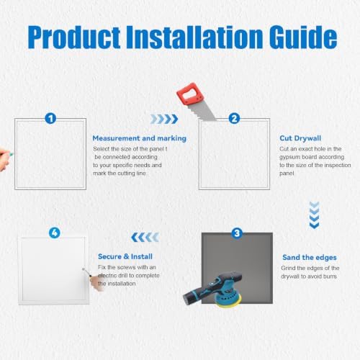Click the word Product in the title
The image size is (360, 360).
coord(74,37)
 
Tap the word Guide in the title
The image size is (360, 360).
coord(303,37)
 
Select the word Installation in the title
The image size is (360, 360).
coord(194,37)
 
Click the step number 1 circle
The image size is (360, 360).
coord(50,118)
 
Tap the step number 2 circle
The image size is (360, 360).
coord(234,118)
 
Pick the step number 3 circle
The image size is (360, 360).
coord(237,233)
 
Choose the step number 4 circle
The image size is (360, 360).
coord(55,233)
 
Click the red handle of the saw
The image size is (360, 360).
coord(190,94)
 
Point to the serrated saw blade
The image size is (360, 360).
coord(203,111)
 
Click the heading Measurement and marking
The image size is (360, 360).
coord(140,138)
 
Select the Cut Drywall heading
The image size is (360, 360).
coord(300,138)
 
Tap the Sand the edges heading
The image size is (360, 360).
coord(310,257)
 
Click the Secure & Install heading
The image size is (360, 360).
coord(125,256)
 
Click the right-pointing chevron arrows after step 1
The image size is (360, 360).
coord(164,119)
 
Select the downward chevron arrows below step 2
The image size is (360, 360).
coord(314,215)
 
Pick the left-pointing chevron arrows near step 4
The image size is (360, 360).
coord(145,237)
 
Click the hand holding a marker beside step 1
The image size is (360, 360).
coord(5,159)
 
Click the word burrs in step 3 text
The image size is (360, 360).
coord(330,276)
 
